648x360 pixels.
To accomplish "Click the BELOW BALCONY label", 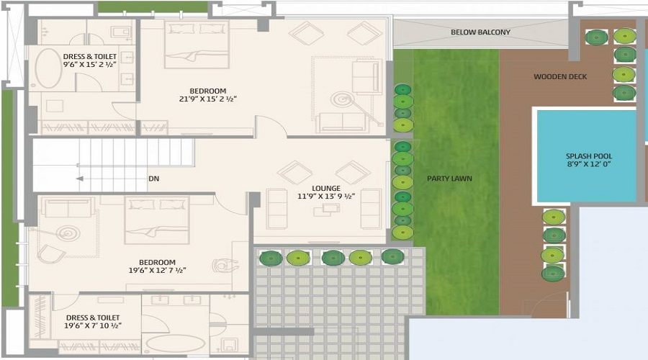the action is (x=480, y=32).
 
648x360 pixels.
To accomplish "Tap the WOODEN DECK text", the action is (x=560, y=76).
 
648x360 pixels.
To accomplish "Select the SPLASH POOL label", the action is (x=589, y=156).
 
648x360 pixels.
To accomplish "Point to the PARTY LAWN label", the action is (x=449, y=179).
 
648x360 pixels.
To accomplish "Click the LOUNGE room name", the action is (x=326, y=189).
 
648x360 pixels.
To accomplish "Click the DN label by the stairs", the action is (x=154, y=179).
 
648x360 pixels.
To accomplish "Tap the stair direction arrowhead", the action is (x=80, y=179).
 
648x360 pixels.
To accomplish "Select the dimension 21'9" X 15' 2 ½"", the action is (x=208, y=99).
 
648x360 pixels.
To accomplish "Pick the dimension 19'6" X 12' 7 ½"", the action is (x=157, y=271).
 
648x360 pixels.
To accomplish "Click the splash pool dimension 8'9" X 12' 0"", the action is (x=589, y=164).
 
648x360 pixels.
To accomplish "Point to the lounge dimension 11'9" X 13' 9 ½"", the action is (x=326, y=197).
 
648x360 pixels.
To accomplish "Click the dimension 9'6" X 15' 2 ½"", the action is (x=90, y=65).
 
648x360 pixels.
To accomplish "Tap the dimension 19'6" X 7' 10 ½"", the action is (x=93, y=325).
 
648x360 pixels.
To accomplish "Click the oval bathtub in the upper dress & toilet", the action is (x=48, y=68).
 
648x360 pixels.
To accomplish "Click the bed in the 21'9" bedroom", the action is (x=197, y=44).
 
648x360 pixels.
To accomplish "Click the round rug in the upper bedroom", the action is (x=342, y=100).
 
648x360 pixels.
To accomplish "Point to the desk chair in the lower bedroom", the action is (x=225, y=265).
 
